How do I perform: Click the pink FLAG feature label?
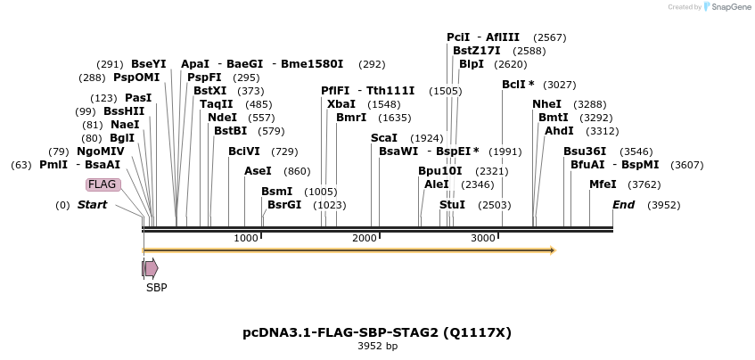click(102, 184)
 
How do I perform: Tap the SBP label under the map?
click(157, 288)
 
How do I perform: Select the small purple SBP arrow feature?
click(151, 268)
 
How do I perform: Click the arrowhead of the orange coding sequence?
click(553, 250)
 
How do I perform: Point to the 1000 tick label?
click(245, 238)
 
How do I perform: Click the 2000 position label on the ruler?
click(365, 238)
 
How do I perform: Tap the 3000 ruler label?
click(482, 238)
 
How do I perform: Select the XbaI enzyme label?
click(341, 104)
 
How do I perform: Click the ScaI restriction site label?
click(383, 138)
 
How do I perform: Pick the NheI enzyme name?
click(546, 104)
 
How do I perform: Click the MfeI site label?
click(603, 184)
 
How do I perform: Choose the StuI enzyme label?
click(452, 205)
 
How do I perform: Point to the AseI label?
click(258, 171)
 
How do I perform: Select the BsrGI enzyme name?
click(284, 205)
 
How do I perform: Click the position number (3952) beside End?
click(662, 205)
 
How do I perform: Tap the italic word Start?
click(92, 205)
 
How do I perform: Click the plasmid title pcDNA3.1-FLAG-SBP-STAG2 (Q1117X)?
click(377, 332)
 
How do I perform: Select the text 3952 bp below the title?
click(377, 347)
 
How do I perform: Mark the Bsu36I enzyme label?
click(585, 151)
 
